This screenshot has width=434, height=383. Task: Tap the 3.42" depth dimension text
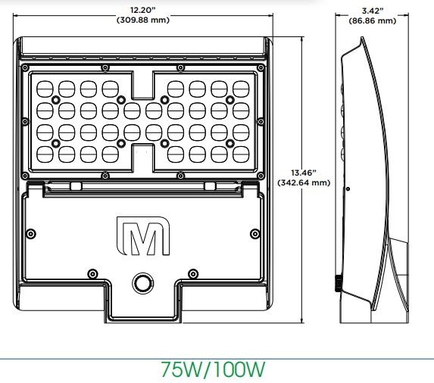372,11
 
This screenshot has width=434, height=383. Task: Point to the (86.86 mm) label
372,20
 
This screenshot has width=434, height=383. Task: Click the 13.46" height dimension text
303,173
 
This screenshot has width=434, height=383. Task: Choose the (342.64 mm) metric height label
303,182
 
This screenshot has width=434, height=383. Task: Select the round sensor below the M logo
142,283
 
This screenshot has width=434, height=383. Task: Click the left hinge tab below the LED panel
76,186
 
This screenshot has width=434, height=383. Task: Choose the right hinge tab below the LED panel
210,186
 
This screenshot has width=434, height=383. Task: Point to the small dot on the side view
347,188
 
